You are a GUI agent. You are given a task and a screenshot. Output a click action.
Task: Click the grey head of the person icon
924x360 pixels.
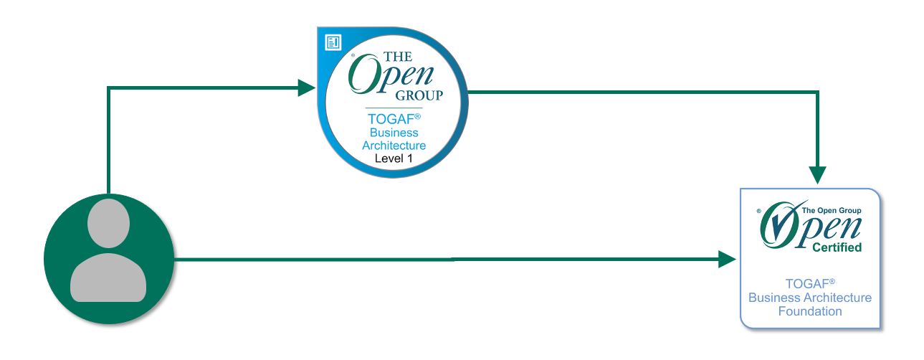point(109,222)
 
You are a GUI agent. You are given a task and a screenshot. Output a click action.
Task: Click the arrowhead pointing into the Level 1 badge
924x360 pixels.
point(306,88)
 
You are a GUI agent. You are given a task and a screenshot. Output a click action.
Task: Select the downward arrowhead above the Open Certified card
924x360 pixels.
point(817,175)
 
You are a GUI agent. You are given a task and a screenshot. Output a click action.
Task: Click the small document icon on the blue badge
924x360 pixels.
point(333,42)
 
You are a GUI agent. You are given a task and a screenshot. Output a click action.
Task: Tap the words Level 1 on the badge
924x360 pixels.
point(394,158)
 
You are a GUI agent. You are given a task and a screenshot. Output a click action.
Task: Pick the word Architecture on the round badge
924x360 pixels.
point(394,146)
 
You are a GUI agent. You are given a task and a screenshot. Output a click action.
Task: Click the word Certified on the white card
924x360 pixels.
point(837,247)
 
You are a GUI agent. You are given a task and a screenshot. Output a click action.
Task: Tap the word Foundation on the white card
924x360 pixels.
point(810,311)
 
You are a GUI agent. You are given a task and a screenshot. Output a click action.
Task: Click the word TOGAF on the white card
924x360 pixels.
point(807,285)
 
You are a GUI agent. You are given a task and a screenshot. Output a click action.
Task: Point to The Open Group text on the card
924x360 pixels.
point(830,210)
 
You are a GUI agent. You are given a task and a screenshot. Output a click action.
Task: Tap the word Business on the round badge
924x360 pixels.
point(394,133)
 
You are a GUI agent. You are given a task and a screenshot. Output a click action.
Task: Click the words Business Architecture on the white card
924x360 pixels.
point(810,298)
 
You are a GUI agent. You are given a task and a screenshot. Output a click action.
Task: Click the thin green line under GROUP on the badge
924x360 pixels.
point(394,108)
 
